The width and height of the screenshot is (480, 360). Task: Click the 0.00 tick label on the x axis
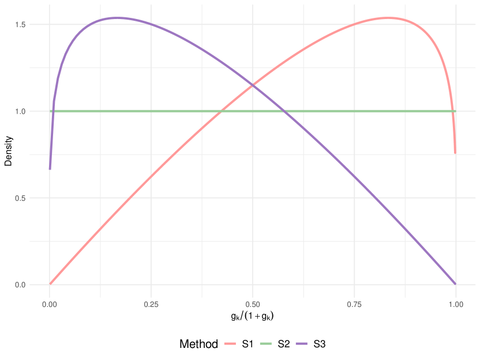(x=50, y=302)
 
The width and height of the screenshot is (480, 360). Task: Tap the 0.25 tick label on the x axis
(x=151, y=302)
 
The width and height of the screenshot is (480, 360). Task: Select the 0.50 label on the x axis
(x=253, y=302)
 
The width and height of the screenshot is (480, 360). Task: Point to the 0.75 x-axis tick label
(x=354, y=302)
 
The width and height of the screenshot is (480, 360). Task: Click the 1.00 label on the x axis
(x=456, y=302)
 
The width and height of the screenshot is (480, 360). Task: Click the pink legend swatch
(x=230, y=344)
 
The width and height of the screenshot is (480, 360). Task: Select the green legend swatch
(x=265, y=344)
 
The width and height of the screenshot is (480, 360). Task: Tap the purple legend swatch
(x=301, y=344)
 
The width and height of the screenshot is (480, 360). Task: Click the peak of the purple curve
(x=117, y=18)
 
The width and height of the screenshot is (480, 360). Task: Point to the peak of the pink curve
(x=388, y=18)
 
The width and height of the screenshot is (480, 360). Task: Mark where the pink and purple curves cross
(x=253, y=85)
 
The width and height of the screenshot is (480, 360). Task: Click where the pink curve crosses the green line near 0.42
(x=222, y=111)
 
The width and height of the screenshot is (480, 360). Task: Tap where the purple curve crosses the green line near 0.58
(x=284, y=111)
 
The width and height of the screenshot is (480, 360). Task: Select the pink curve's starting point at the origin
(x=50, y=284)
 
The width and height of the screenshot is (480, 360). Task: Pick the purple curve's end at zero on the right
(x=456, y=284)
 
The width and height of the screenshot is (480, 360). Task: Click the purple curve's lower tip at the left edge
(x=50, y=170)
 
